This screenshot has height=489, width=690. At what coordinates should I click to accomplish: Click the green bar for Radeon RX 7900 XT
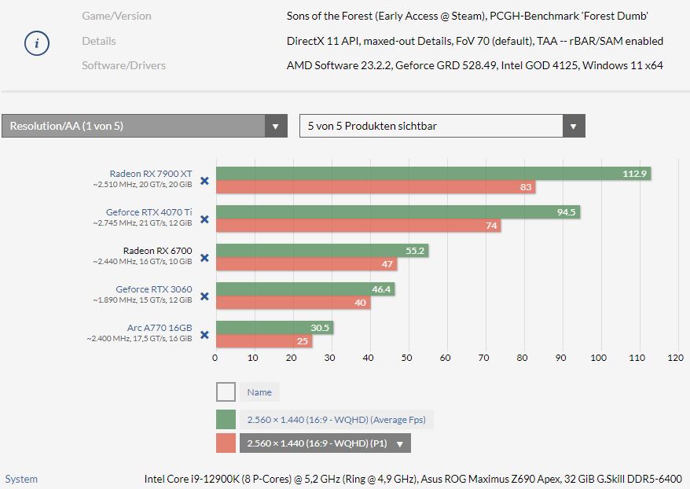pos(432,174)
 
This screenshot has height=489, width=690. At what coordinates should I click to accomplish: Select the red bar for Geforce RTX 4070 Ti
pos(358,226)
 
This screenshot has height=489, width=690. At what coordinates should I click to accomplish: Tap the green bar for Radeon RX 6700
pos(322,251)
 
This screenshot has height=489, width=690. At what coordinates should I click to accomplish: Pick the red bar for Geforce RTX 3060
pos(293,303)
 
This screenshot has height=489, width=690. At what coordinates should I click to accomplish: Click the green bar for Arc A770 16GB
pos(274,328)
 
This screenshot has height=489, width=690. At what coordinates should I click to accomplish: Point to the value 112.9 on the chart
pos(634,174)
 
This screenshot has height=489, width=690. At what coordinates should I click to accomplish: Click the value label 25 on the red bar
pos(302,341)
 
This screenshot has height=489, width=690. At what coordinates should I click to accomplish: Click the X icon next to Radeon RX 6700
pos(204,258)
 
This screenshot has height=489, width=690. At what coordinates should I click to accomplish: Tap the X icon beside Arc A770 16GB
pos(204,335)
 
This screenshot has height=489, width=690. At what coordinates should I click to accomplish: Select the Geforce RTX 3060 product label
pos(153,289)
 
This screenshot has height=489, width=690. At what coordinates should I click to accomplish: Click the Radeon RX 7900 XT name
pos(151,174)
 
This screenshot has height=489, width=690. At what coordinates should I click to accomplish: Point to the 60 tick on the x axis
pos(446,358)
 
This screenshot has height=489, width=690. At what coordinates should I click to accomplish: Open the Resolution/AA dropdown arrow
pos(275,127)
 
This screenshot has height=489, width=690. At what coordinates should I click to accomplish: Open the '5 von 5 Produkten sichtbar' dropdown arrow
pos(573,127)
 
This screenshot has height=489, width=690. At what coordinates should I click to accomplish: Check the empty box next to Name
pos(226,392)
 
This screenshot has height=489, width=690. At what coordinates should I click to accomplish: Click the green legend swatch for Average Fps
pos(226,420)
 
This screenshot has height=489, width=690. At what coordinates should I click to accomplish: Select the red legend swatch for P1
pos(226,443)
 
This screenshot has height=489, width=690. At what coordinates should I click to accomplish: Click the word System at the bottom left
pos(21,479)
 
